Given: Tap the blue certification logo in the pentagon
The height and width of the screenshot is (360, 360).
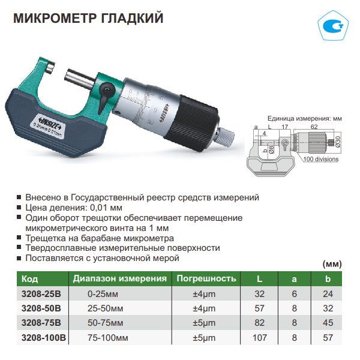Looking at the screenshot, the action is pyautogui.click(x=333, y=26).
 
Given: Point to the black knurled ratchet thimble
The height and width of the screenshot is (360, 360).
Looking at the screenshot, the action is pyautogui.click(x=191, y=122).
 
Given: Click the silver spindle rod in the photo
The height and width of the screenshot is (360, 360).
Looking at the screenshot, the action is pyautogui.click(x=80, y=78).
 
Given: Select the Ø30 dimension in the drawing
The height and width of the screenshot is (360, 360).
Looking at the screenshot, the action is pyautogui.click(x=338, y=142).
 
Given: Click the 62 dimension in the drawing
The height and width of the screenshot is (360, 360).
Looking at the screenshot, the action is pyautogui.click(x=314, y=127).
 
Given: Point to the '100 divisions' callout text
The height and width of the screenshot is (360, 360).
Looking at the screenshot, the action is pyautogui.click(x=321, y=159).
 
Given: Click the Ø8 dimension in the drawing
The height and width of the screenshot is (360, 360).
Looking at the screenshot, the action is pyautogui.click(x=271, y=149).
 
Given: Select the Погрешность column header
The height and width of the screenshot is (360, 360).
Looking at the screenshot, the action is pyautogui.click(x=206, y=278).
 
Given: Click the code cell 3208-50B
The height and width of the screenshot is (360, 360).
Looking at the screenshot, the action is pyautogui.click(x=41, y=308).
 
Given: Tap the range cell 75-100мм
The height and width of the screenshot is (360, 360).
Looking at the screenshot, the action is pyautogui.click(x=107, y=338).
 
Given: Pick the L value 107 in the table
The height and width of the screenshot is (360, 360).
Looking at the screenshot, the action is pyautogui.click(x=260, y=338).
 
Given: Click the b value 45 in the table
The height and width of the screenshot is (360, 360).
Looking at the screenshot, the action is pyautogui.click(x=328, y=323).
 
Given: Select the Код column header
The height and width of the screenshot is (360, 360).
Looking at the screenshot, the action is pyautogui.click(x=29, y=279).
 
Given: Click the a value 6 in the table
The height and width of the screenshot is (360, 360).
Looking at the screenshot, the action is pyautogui.click(x=295, y=294).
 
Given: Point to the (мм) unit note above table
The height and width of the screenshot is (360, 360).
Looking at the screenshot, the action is pyautogui.click(x=332, y=264).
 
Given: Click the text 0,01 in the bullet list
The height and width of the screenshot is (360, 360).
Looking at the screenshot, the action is pyautogui.click(x=99, y=208).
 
